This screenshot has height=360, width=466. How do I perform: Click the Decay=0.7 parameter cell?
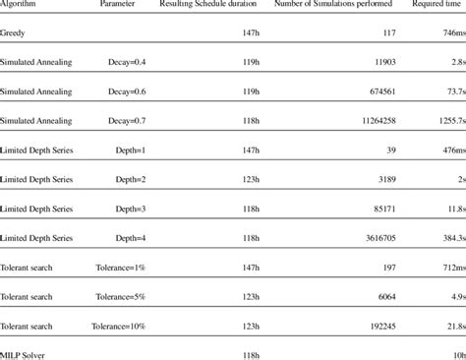(x=131, y=122)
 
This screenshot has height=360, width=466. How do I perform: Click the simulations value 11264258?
(x=363, y=122)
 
